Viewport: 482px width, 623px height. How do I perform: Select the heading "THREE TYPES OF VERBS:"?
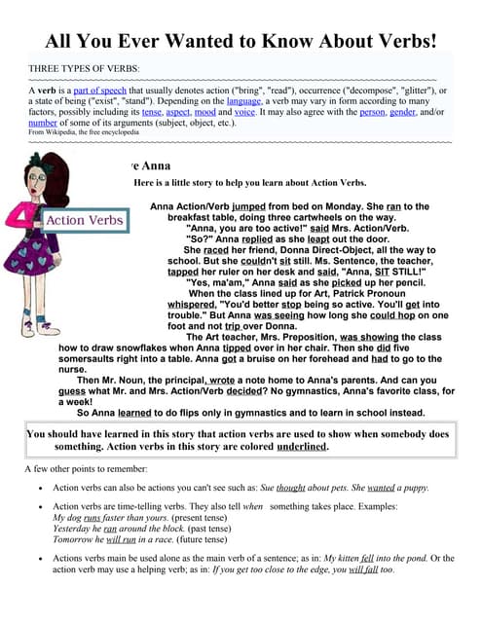[x=85, y=70]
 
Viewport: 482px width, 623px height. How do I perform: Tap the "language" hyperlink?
[x=243, y=100]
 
